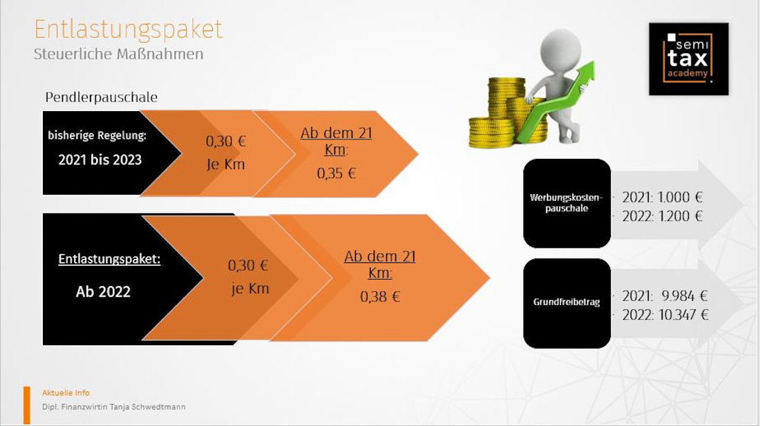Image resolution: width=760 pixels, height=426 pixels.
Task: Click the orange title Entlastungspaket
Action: coord(129,30)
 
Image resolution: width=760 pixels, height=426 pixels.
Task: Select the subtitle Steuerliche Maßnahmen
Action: coord(118,54)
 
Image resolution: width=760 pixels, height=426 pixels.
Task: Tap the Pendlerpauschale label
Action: coord(102,97)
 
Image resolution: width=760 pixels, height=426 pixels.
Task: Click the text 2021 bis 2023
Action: coord(100,159)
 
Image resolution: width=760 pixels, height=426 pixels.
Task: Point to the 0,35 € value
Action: coord(336,173)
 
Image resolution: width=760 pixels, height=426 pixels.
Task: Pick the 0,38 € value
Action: coord(380,297)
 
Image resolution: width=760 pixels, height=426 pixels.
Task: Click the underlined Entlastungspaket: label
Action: coord(109,259)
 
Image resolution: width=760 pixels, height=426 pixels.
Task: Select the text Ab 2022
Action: coord(103,292)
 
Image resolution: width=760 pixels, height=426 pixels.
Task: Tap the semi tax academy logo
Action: coord(688,59)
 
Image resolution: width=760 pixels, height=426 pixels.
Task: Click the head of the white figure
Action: coord(560,50)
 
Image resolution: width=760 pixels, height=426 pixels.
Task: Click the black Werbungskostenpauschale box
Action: coord(567,203)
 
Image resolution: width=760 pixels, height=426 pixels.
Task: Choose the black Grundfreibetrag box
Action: coord(567,303)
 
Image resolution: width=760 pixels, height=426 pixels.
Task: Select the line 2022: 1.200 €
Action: coord(662,216)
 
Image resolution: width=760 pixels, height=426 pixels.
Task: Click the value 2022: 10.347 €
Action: coord(665,315)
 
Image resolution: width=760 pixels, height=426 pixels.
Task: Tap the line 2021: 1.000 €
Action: coord(662,197)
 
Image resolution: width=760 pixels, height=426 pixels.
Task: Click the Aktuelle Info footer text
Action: coord(66,393)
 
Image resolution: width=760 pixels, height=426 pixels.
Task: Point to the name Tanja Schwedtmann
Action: coord(147,407)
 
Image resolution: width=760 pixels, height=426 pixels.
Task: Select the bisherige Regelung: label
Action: coord(97,135)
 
